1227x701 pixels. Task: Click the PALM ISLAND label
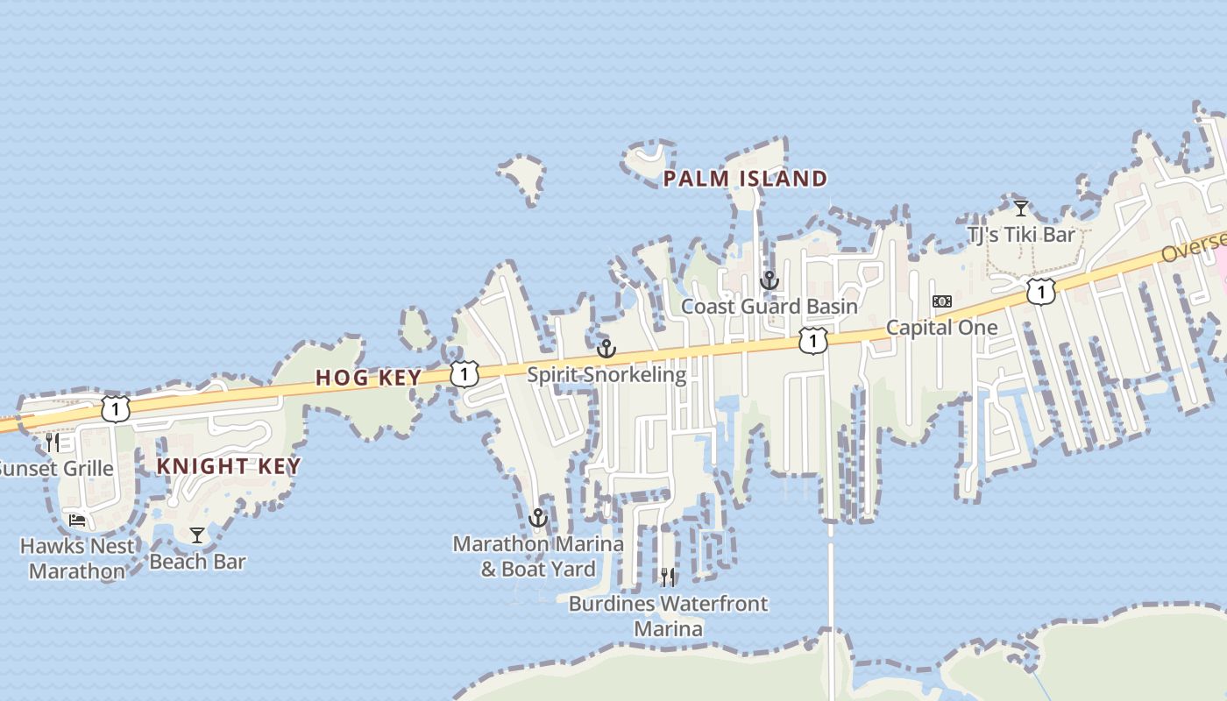coord(745,180)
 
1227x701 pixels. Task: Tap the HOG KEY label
coord(368,378)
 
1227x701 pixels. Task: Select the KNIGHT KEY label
coord(229,466)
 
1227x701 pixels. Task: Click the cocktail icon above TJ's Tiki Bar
coord(1021,209)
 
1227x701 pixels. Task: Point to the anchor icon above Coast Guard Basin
coord(769,280)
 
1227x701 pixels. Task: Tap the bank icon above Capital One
coord(942,301)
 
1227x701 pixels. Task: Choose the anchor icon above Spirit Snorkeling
coord(606,349)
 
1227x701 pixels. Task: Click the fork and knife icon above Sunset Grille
coord(53,442)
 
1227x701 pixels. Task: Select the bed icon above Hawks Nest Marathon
coord(77,520)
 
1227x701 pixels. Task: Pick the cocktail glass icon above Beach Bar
coord(197,535)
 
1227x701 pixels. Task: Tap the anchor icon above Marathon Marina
coord(538,518)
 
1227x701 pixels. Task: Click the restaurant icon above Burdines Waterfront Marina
coord(668,577)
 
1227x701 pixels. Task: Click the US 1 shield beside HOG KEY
coord(464,373)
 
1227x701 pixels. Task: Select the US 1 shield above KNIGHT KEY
coord(115,408)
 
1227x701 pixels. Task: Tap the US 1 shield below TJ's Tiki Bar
coord(1040,291)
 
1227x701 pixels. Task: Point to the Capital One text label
coord(941,328)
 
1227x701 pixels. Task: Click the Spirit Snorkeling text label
coord(606,375)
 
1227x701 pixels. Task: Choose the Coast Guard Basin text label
coord(769,307)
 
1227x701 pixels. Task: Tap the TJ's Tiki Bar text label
coord(1021,235)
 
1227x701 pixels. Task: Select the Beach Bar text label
coord(197,562)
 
